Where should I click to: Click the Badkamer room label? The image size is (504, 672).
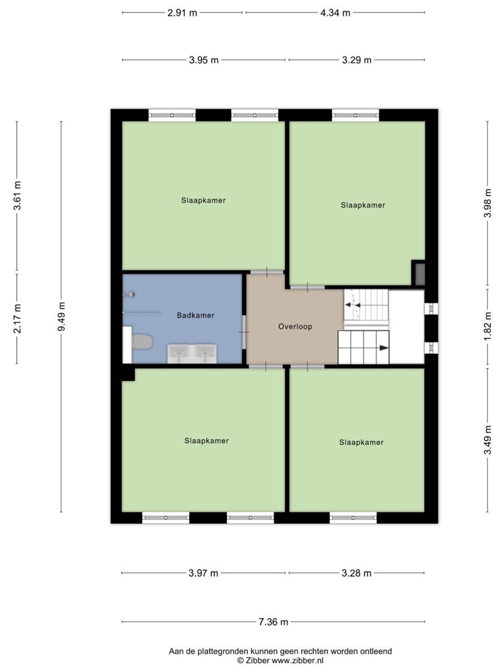pyautogui.click(x=196, y=316)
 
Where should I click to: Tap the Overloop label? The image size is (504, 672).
pyautogui.click(x=295, y=327)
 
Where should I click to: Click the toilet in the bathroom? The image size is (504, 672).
pyautogui.click(x=142, y=342)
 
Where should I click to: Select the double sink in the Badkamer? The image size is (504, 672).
pyautogui.click(x=192, y=354)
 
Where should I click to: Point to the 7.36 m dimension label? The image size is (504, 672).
pyautogui.click(x=274, y=622)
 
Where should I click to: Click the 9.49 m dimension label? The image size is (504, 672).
pyautogui.click(x=62, y=316)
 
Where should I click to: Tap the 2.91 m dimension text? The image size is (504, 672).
pyautogui.click(x=182, y=13)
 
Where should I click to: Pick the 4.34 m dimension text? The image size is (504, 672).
pyautogui.click(x=335, y=13)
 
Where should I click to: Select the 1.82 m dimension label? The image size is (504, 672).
pyautogui.click(x=488, y=326)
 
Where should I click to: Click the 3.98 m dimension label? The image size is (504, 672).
pyautogui.click(x=488, y=203)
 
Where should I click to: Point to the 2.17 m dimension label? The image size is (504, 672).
pyautogui.click(x=17, y=318)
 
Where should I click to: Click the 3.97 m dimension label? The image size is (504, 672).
pyautogui.click(x=203, y=573)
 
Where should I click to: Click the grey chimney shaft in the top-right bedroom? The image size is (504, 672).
pyautogui.click(x=419, y=274)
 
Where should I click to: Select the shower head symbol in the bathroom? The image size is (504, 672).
pyautogui.click(x=129, y=295)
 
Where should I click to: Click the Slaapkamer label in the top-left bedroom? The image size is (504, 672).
pyautogui.click(x=203, y=200)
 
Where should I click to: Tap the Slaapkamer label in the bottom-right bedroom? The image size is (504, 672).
pyautogui.click(x=362, y=442)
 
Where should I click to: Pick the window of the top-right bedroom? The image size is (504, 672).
pyautogui.click(x=355, y=115)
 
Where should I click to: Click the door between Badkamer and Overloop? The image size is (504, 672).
pyautogui.click(x=245, y=332)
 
